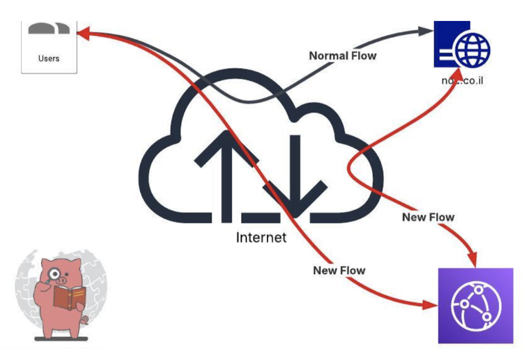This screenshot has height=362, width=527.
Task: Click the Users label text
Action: [x=49, y=59]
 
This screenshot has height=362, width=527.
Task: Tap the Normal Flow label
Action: [x=342, y=56]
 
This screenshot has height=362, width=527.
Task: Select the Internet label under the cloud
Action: [x=261, y=238]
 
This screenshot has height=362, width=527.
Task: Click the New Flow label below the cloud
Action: [x=339, y=271]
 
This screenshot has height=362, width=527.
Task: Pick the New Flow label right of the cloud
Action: [x=428, y=217]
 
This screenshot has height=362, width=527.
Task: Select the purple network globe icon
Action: [x=475, y=305]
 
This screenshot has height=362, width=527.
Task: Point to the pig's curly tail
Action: [x=85, y=321]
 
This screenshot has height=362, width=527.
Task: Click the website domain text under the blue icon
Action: [x=462, y=80]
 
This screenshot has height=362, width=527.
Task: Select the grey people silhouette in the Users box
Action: [x=49, y=28]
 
